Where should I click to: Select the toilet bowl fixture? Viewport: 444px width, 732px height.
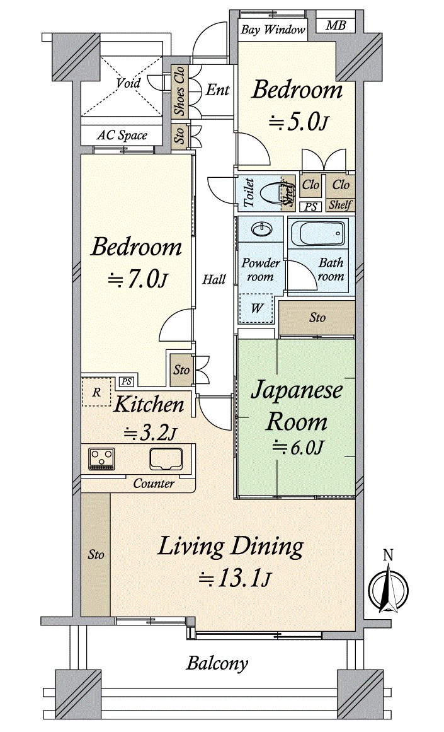click(x=275, y=193)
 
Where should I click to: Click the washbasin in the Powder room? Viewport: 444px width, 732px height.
click(x=259, y=229)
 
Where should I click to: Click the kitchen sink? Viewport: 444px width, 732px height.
click(x=166, y=458)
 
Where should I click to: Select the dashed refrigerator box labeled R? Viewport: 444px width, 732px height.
click(x=97, y=392)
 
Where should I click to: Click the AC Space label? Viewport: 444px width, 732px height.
click(x=122, y=135)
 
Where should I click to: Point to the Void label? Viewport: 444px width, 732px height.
click(x=128, y=82)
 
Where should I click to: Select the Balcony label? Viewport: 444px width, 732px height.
click(x=217, y=663)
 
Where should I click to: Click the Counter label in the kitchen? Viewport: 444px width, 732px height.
click(x=154, y=484)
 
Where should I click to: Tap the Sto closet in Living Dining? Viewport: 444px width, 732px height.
click(x=96, y=555)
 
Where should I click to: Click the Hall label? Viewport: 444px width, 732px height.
click(x=213, y=280)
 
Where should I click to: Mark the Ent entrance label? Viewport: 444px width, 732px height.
click(x=218, y=90)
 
